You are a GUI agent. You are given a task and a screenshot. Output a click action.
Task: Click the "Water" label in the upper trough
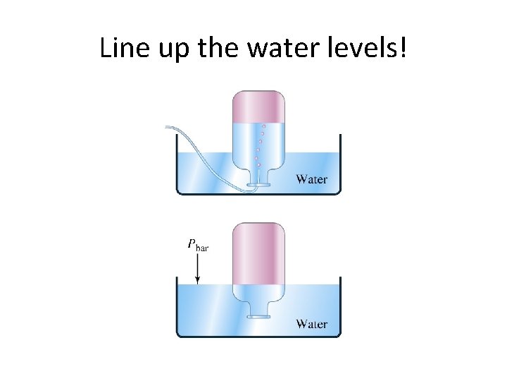pos(311,179)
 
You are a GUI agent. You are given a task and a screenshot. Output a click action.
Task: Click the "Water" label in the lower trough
pos(311,324)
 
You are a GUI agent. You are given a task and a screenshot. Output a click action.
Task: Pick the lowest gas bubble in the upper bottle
pos(259,165)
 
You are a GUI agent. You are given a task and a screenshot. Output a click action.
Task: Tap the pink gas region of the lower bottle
pos(258,250)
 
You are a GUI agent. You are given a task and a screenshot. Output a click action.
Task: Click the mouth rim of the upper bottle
pos(258,185)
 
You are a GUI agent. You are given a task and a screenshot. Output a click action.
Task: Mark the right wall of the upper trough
pos(340,162)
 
